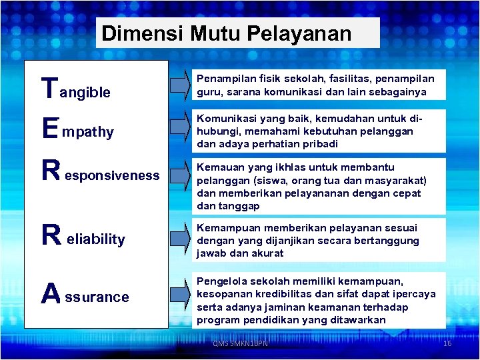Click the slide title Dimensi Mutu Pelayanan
pyautogui.click(x=227, y=33)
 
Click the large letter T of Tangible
pyautogui.click(x=49, y=86)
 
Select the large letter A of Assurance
pyautogui.click(x=51, y=293)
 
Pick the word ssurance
pyautogui.click(x=97, y=297)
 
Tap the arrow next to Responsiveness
pyautogui.click(x=177, y=175)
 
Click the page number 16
pyautogui.click(x=447, y=343)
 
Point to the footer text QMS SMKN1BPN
pyautogui.click(x=240, y=343)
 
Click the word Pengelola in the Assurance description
pyautogui.click(x=221, y=281)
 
